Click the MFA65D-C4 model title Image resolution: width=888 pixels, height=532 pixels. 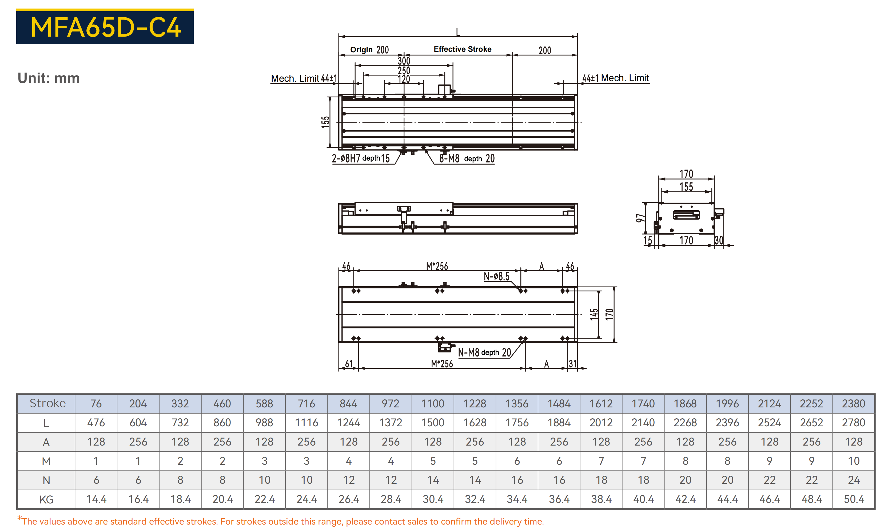pyautogui.click(x=106, y=27)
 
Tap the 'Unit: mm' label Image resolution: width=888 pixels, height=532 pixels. pyautogui.click(x=49, y=78)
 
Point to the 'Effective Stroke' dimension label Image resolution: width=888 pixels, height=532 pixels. pyautogui.click(x=462, y=49)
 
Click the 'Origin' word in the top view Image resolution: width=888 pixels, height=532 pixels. pyautogui.click(x=361, y=50)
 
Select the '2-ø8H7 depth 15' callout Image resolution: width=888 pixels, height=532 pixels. pyautogui.click(x=360, y=158)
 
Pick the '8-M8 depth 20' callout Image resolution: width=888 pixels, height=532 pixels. pyautogui.click(x=467, y=158)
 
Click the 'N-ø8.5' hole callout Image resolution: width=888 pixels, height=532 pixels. pyautogui.click(x=496, y=276)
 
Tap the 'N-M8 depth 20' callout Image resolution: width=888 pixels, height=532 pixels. pyautogui.click(x=484, y=352)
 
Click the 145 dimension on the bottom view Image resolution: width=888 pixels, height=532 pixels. pyautogui.click(x=594, y=314)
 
